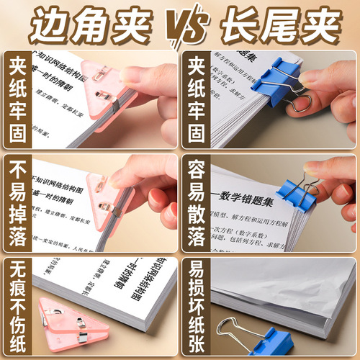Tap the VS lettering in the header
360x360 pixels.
click(180, 26)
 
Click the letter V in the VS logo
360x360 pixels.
click(171, 25)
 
